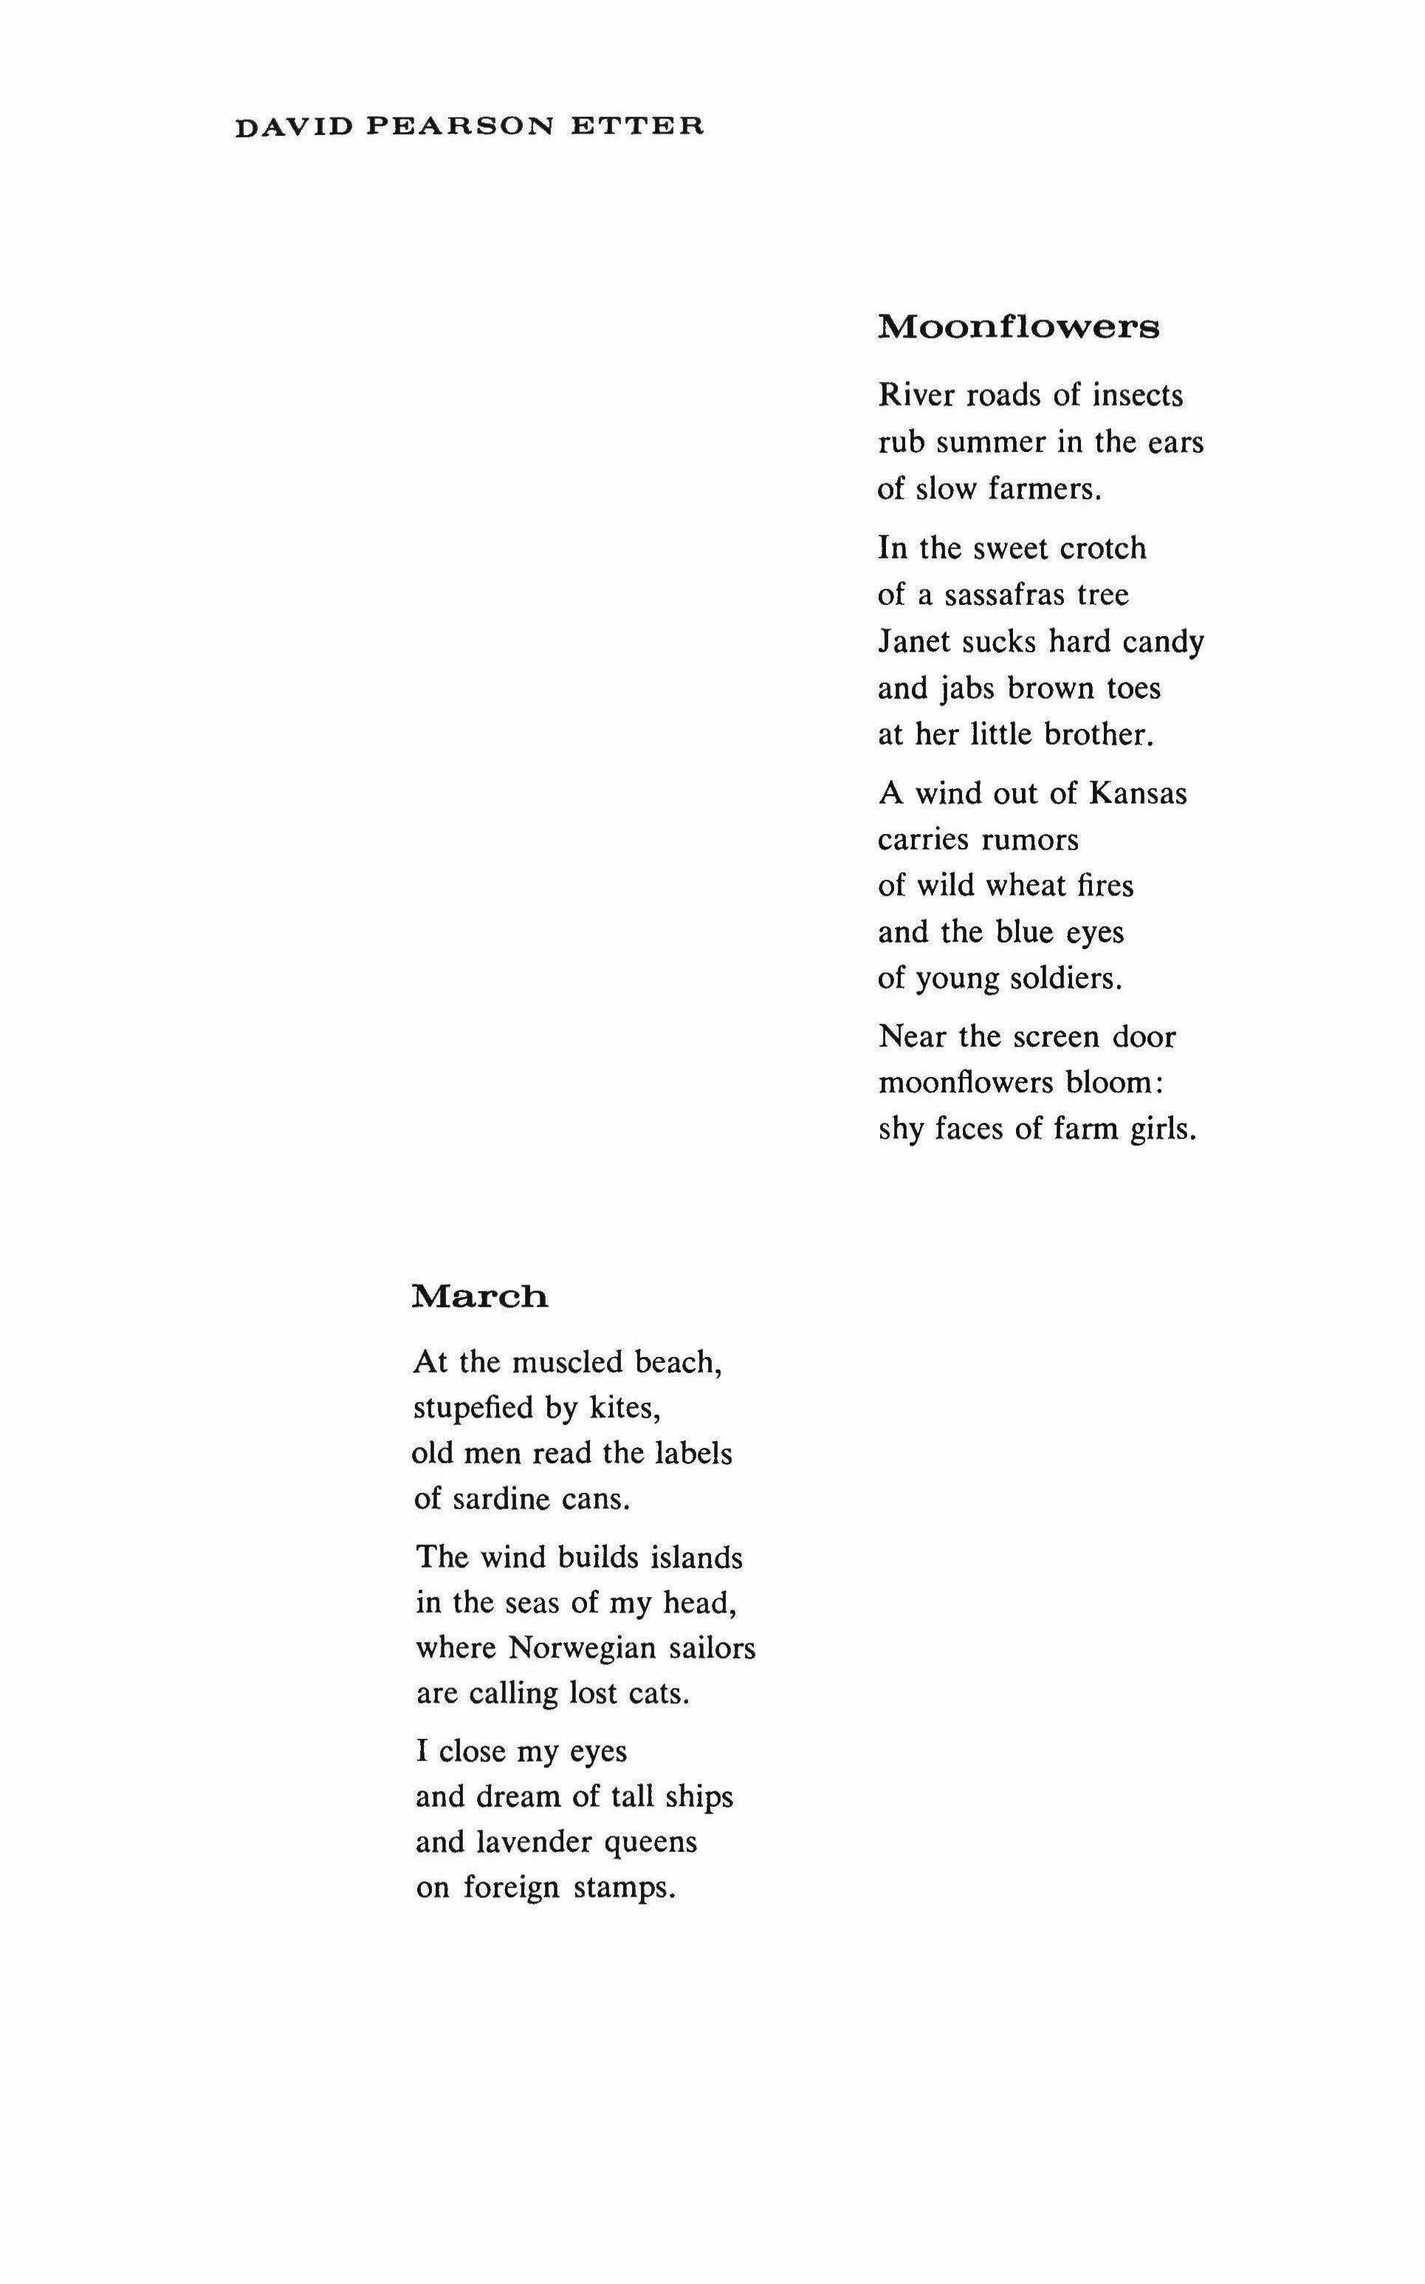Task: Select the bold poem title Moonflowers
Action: [1019, 327]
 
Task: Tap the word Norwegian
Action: [582, 1649]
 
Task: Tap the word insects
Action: [1138, 396]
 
